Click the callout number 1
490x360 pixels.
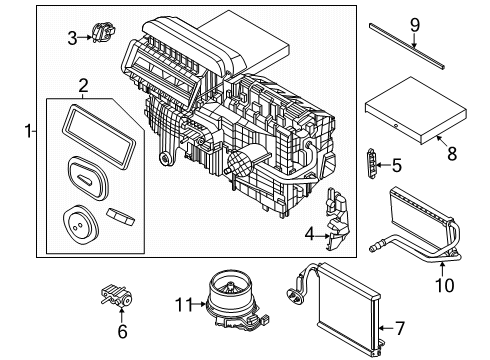(x=29, y=129)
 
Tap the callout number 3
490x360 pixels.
(x=72, y=38)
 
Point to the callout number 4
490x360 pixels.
(x=309, y=235)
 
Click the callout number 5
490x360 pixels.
(x=397, y=165)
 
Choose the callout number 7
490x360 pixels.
(x=400, y=327)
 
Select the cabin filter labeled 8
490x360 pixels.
(x=405, y=113)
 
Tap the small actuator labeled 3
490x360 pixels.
(x=103, y=36)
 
